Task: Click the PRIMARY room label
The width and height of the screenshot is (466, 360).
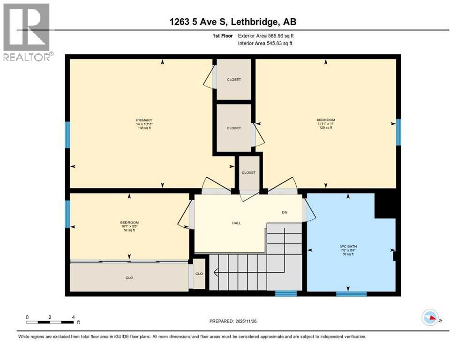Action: coord(144,120)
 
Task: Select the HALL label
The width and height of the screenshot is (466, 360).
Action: coord(236,223)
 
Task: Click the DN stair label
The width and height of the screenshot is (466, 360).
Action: coord(284,212)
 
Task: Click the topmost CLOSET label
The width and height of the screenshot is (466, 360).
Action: coord(233,79)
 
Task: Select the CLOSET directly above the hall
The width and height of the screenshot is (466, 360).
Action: coord(248,172)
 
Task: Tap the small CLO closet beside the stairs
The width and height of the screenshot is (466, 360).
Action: coord(199,274)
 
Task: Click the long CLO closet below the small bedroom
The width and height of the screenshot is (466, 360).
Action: coord(129,277)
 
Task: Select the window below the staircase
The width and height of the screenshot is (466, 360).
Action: coord(286,294)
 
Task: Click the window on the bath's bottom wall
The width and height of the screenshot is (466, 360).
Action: coord(351,294)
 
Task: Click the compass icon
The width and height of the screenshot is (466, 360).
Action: coord(430,318)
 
